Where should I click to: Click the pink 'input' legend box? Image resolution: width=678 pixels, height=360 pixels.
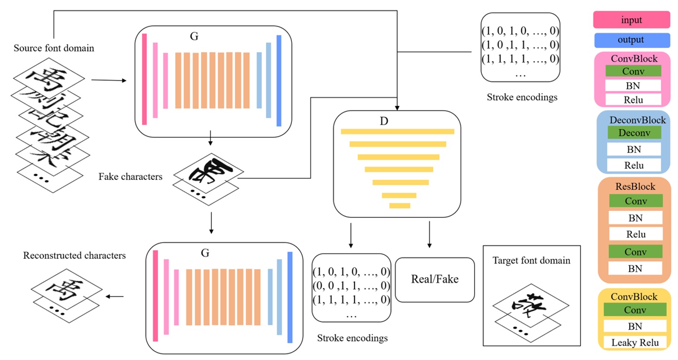click(x=631, y=20)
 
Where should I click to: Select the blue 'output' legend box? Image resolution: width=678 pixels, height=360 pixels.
click(x=631, y=40)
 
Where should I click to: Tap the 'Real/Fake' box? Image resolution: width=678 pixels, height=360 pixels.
click(x=435, y=279)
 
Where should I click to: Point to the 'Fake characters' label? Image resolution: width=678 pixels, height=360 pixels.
click(x=130, y=177)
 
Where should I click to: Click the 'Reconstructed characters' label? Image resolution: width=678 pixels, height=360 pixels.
click(x=74, y=256)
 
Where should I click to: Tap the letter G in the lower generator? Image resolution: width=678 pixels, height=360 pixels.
click(x=205, y=253)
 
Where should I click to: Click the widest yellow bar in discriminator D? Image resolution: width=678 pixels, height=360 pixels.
click(x=397, y=131)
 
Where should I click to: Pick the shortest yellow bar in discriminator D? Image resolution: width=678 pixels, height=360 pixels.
click(x=400, y=205)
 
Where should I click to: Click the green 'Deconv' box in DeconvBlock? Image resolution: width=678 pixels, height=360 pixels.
click(x=634, y=133)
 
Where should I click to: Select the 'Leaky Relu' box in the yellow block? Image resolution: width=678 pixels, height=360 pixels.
click(x=635, y=343)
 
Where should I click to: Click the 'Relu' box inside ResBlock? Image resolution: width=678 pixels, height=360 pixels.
click(x=636, y=234)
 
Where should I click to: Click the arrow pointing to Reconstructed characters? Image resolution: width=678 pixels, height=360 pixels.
click(x=115, y=296)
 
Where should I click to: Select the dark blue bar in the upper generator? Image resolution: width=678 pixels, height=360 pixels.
click(x=279, y=80)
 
